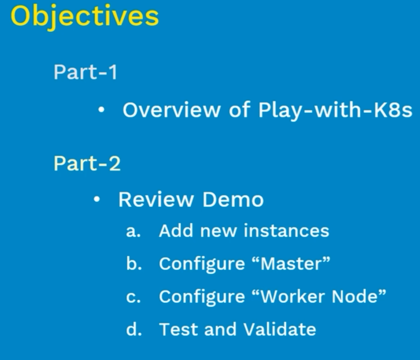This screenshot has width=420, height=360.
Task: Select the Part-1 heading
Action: click(x=86, y=72)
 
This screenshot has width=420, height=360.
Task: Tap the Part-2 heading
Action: click(x=87, y=163)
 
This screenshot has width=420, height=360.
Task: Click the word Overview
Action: click(x=171, y=110)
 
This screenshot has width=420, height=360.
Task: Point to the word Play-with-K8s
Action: click(x=335, y=111)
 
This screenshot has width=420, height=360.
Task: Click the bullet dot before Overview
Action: click(x=101, y=110)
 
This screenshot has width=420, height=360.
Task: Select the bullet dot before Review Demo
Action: click(x=97, y=200)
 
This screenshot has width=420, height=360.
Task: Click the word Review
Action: click(x=156, y=200)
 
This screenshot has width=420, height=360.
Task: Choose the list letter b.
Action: click(x=134, y=264)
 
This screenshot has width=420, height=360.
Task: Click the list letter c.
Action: click(x=133, y=297)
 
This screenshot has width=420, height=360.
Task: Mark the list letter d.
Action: click(x=134, y=329)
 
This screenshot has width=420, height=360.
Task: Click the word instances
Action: click(x=286, y=231)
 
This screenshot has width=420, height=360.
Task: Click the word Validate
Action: click(x=280, y=329)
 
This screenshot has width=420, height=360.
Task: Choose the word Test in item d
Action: click(x=179, y=329)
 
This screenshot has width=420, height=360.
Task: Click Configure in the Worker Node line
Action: click(x=202, y=298)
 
